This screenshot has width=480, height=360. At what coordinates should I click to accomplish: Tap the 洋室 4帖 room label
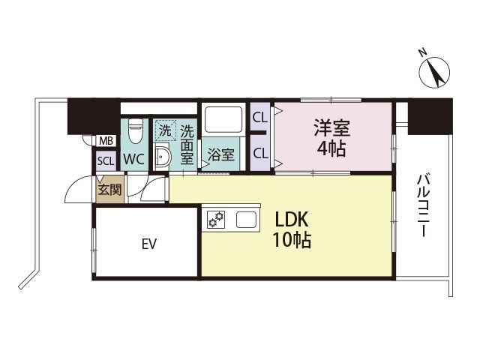(331, 137)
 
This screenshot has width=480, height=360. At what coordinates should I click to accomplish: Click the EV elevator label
(147, 243)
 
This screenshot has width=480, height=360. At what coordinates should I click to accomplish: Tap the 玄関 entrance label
(106, 190)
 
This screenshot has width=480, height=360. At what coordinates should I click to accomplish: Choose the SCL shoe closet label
(106, 159)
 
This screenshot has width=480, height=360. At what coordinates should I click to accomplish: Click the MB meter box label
(106, 140)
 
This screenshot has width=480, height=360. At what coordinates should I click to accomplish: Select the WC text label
(134, 158)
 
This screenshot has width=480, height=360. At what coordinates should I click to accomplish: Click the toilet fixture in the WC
(135, 133)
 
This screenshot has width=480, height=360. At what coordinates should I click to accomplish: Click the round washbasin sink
(163, 157)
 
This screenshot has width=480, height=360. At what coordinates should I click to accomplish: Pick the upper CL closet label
(260, 117)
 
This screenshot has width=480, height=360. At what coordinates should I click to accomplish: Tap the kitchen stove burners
(217, 220)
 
